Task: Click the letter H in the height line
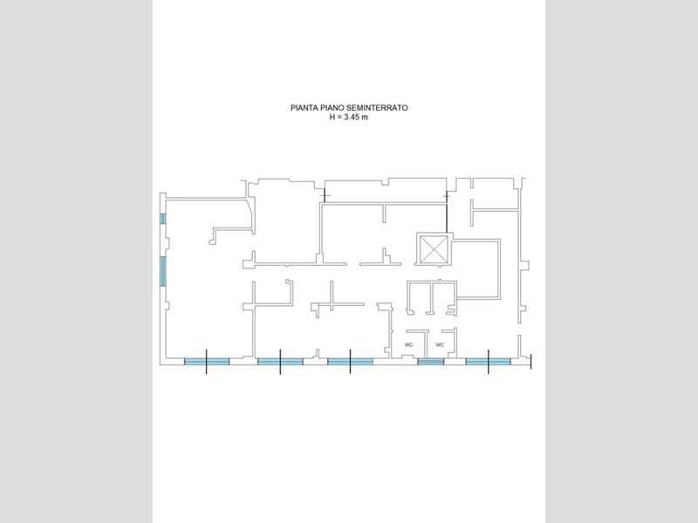tap(332, 118)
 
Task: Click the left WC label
tap(408, 344)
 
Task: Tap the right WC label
tap(440, 344)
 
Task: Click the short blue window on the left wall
tap(163, 219)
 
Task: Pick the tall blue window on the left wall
tap(163, 271)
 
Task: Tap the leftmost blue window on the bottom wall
tap(207, 362)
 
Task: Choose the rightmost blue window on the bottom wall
tap(489, 362)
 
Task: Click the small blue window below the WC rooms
tap(431, 362)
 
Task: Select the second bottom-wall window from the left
tap(280, 362)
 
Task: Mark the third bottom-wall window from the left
tap(351, 362)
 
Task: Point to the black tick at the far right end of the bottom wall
tap(530, 362)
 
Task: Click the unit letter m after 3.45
tap(365, 118)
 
